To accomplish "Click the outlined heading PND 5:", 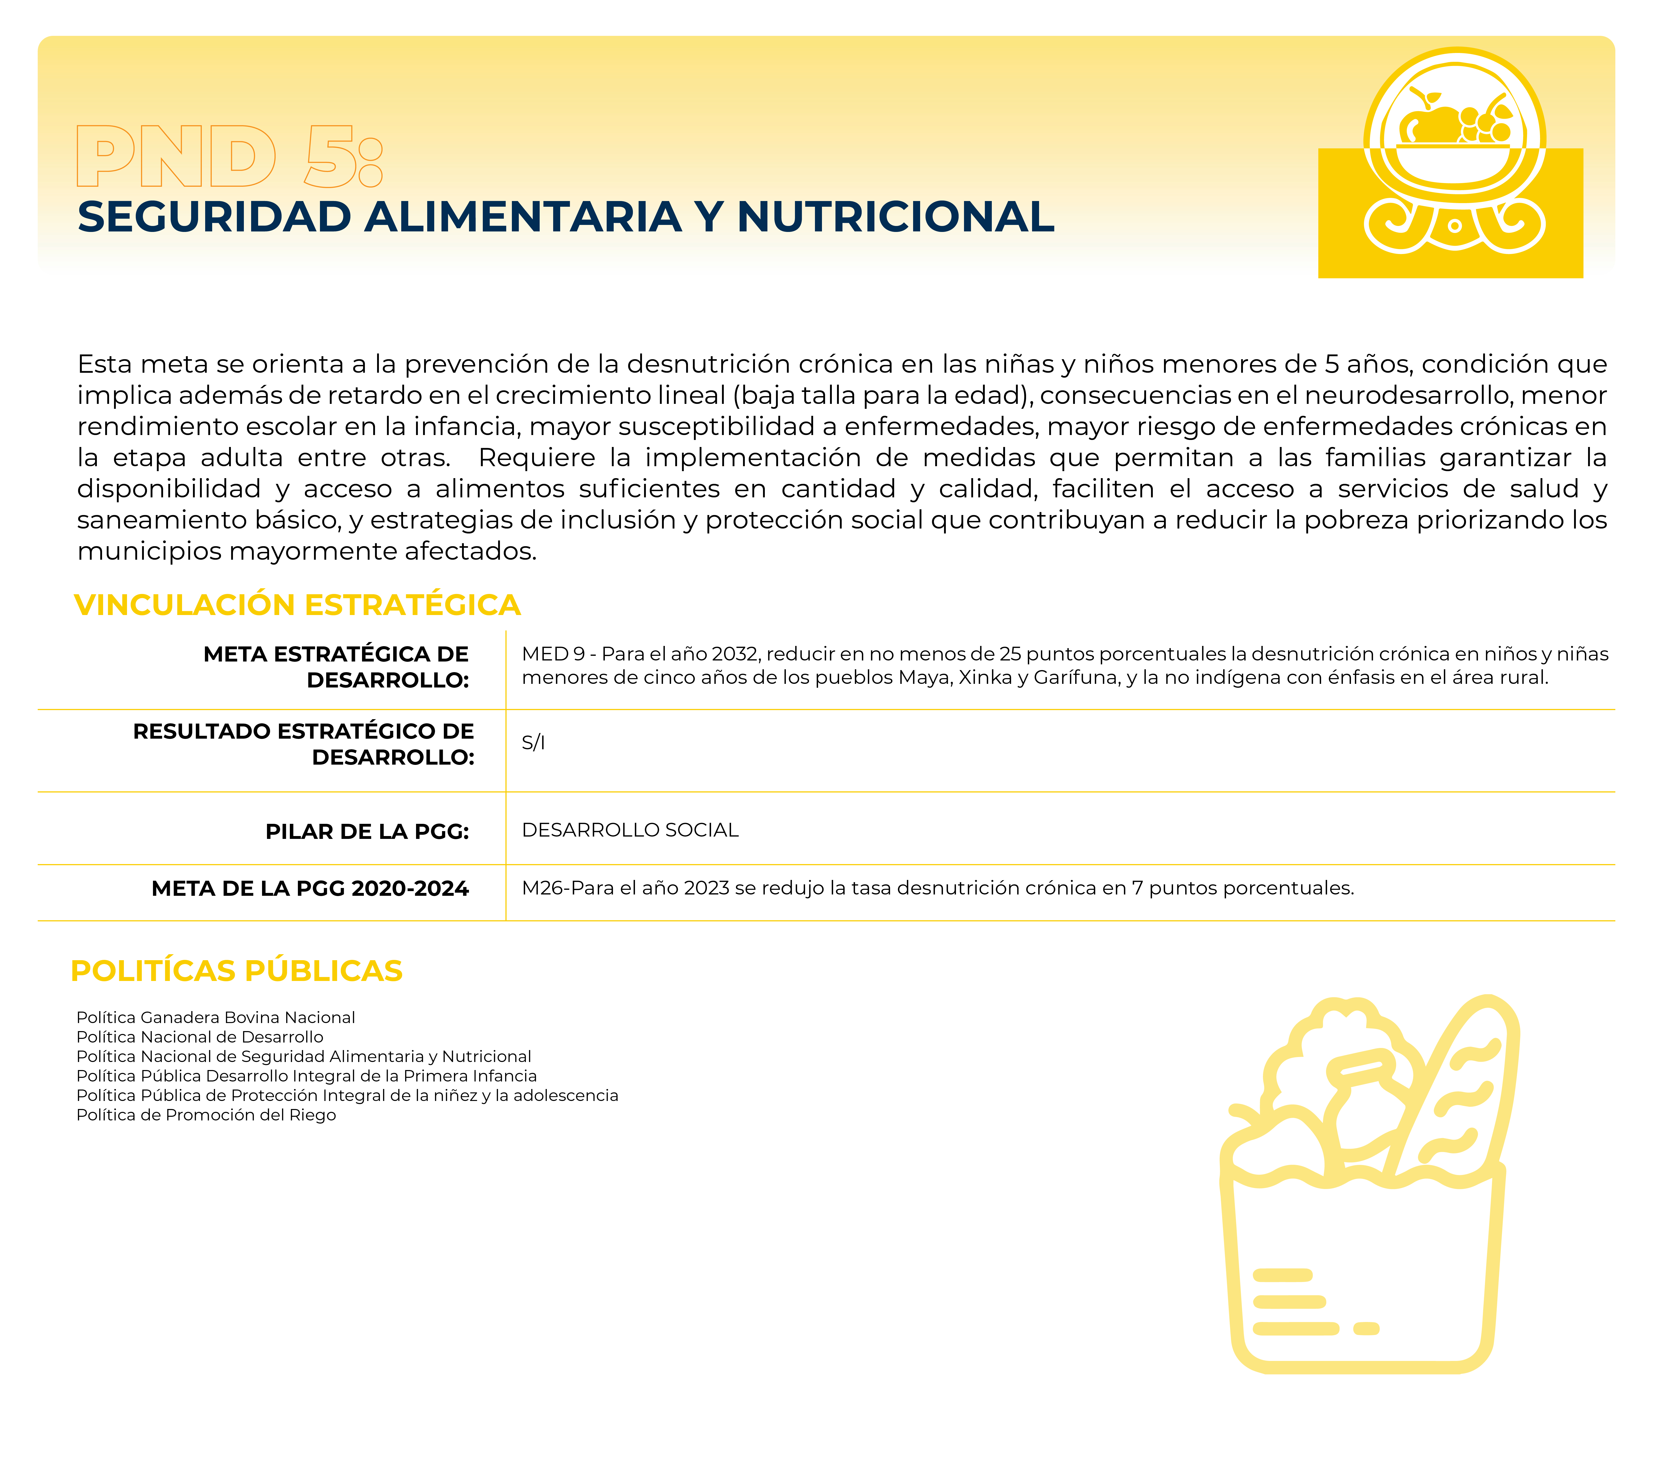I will point(229,156).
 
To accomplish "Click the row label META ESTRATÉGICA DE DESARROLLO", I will point(336,666).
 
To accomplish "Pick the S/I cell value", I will point(533,743).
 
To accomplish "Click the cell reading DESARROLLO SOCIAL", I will point(630,830).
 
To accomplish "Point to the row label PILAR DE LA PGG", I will point(367,831).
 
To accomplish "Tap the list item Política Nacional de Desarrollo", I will point(200,1037).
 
